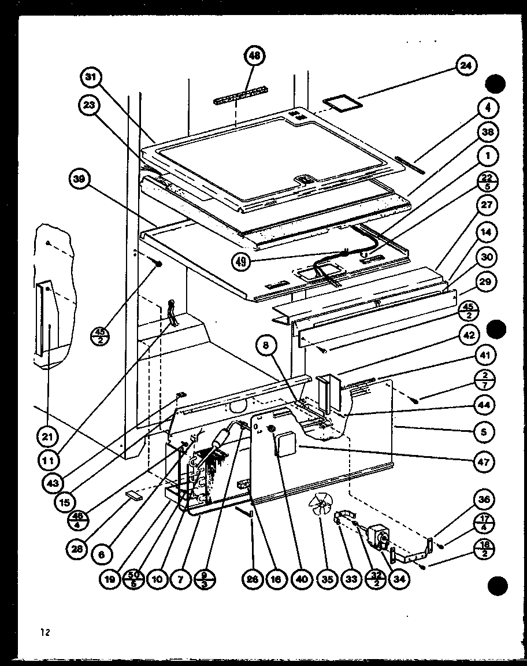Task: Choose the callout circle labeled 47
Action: tap(484, 461)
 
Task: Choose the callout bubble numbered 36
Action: tap(484, 499)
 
